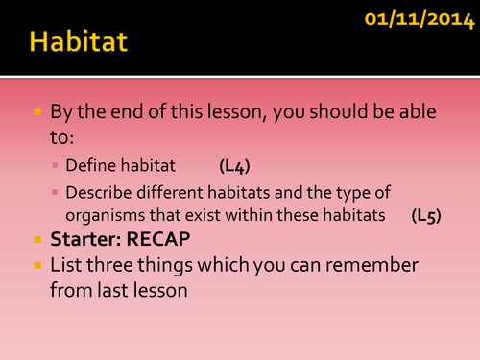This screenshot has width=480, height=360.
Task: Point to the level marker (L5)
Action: click(x=426, y=215)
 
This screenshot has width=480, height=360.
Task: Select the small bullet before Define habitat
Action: click(x=56, y=167)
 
